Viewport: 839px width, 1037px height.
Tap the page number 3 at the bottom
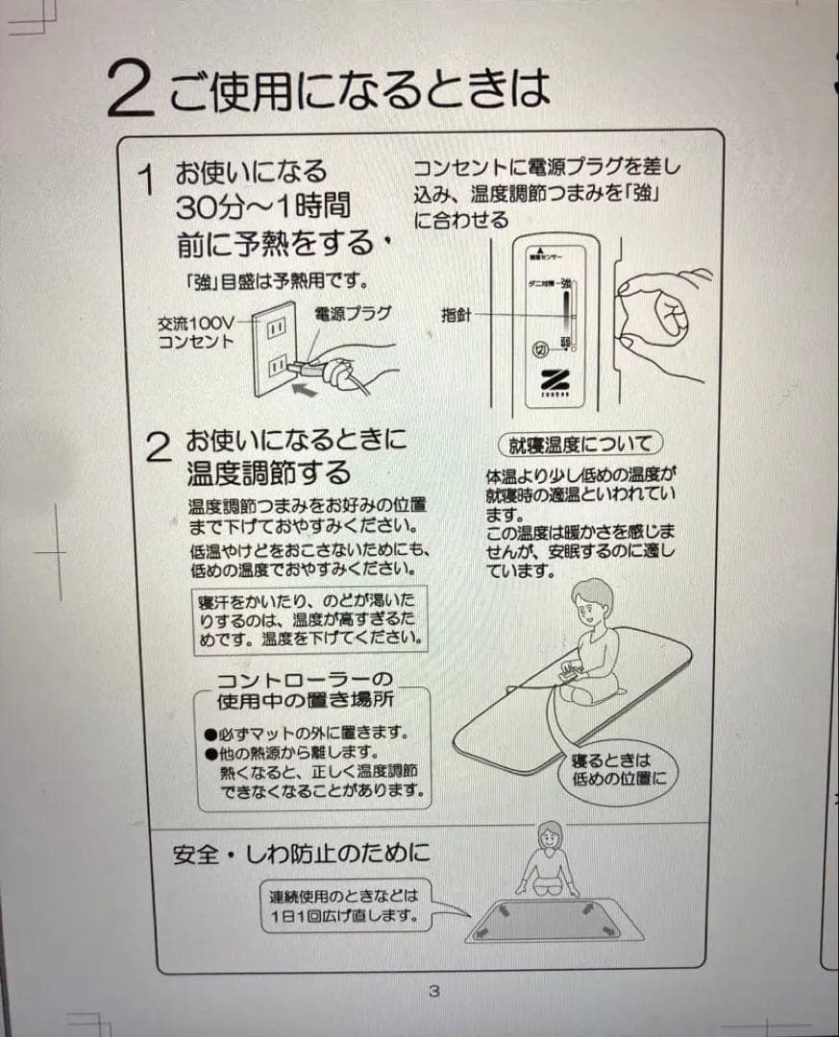(x=433, y=990)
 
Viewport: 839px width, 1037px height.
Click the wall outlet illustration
(x=274, y=349)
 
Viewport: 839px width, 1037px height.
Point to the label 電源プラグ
(x=352, y=314)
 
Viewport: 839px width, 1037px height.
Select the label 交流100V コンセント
(x=196, y=332)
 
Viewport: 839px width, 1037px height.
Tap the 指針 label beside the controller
(x=457, y=314)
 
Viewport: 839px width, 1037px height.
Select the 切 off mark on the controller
(x=540, y=349)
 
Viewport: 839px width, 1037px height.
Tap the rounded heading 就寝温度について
(x=580, y=444)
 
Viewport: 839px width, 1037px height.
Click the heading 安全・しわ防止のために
(x=301, y=854)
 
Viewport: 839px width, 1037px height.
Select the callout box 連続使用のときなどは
(x=344, y=904)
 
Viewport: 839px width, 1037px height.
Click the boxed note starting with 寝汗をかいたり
(x=308, y=619)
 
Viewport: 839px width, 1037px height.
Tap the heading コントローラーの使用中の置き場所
(x=304, y=689)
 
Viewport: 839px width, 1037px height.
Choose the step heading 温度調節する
(x=268, y=473)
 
